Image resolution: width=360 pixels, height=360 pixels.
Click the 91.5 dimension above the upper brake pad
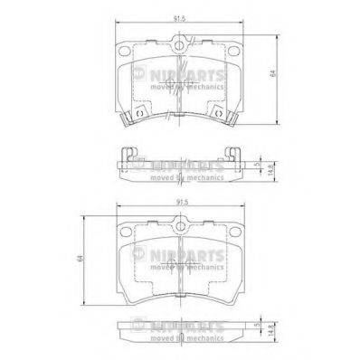point(180,14)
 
